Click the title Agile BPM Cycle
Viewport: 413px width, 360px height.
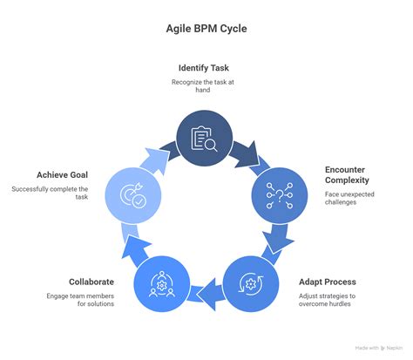206,29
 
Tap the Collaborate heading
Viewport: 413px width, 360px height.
92,282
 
